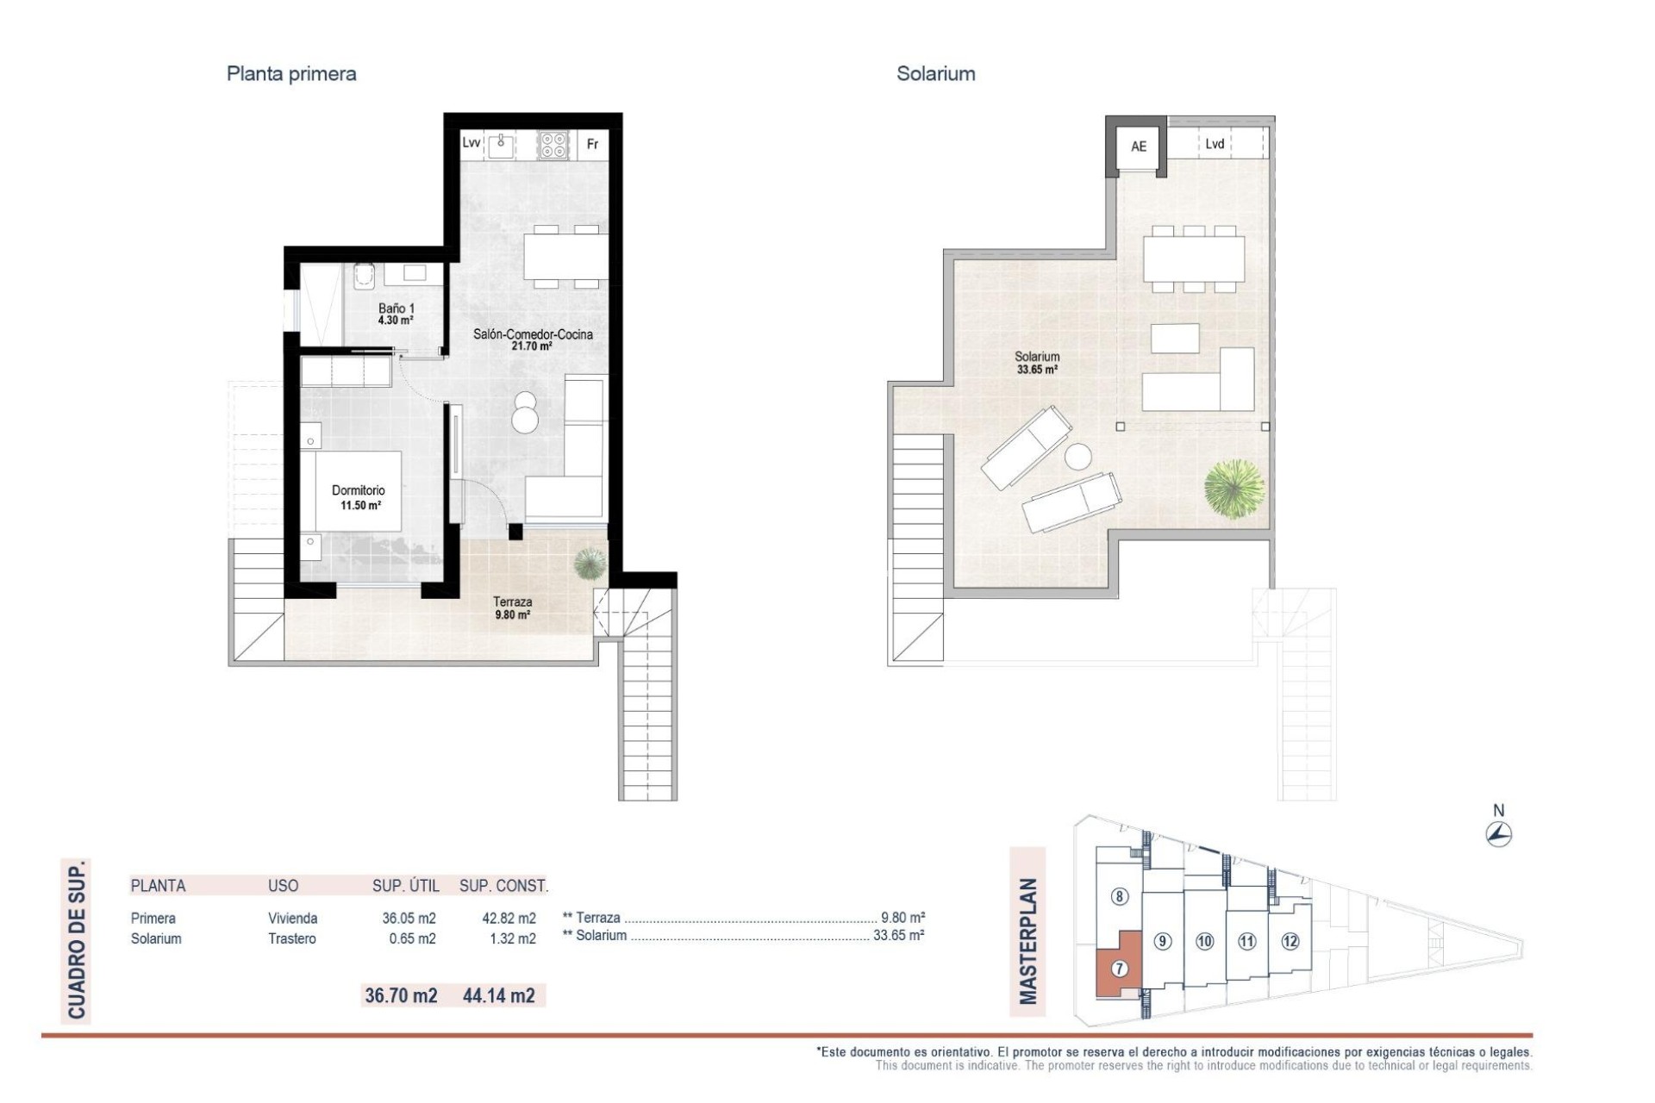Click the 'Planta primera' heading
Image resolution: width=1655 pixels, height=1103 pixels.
[291, 74]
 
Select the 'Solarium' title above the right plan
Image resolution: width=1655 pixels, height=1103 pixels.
[935, 74]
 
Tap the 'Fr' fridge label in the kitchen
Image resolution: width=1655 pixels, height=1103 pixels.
[592, 144]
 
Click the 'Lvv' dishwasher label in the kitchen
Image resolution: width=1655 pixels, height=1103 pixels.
[471, 142]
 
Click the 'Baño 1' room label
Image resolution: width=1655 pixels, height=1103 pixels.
[396, 308]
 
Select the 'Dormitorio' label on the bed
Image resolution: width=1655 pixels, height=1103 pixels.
[359, 490]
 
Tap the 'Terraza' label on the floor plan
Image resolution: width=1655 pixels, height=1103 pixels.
[512, 602]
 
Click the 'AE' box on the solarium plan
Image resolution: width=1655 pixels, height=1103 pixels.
[1138, 146]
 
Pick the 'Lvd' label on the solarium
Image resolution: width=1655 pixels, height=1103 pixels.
[1215, 144]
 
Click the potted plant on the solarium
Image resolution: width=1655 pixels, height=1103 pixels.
[1234, 489]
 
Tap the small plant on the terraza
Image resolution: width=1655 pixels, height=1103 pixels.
[590, 564]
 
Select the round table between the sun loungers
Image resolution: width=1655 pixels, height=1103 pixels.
[1077, 456]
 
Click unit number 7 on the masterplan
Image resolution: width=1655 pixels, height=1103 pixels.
[1119, 969]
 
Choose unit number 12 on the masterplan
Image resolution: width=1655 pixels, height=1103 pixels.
[1290, 941]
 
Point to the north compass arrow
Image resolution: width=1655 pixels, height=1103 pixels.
[1499, 833]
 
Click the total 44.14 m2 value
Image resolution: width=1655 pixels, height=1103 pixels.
[498, 995]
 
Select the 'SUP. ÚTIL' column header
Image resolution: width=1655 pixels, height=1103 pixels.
[405, 886]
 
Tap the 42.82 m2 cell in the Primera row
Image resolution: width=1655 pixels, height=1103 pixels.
[509, 919]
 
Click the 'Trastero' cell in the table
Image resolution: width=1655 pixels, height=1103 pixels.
[291, 938]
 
